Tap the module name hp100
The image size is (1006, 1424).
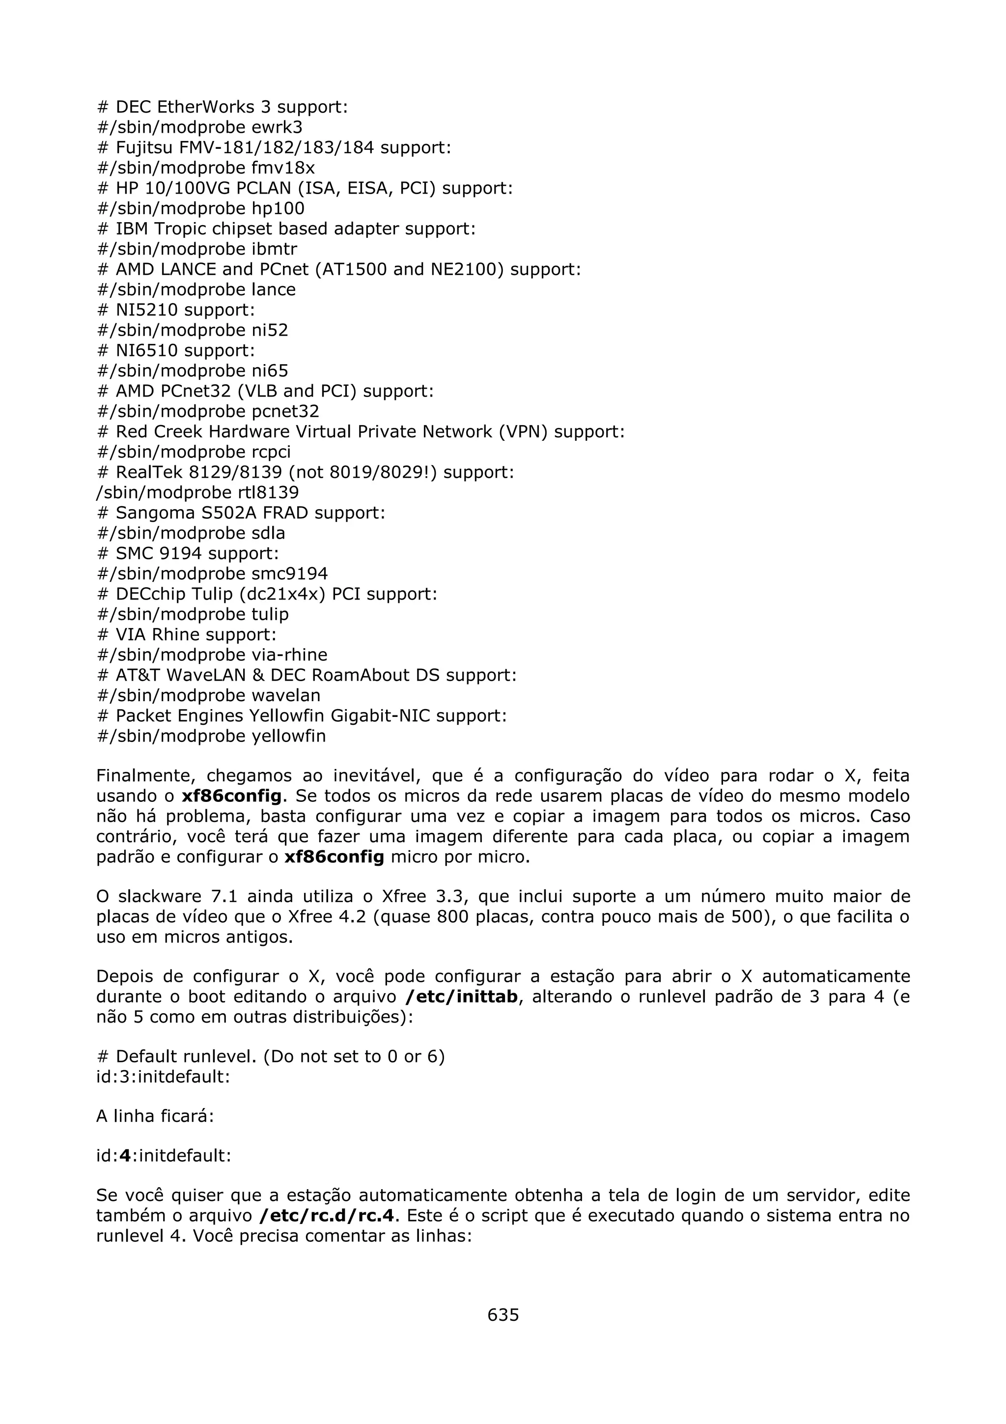click(278, 208)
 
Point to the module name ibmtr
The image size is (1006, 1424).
click(274, 249)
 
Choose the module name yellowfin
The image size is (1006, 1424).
click(288, 736)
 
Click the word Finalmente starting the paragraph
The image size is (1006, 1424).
click(146, 776)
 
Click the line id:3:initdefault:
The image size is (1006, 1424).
click(164, 1077)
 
